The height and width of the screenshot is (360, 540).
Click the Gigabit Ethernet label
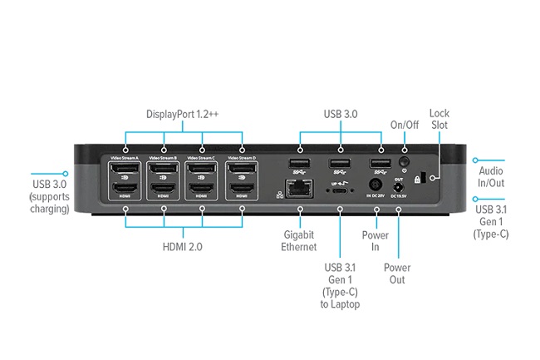(x=298, y=240)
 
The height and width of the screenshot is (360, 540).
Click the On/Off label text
(x=405, y=125)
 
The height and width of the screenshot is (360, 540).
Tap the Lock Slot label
(x=439, y=119)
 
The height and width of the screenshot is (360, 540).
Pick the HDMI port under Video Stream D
(x=242, y=198)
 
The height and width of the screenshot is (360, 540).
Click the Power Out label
(x=397, y=274)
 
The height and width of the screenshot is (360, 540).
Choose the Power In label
(x=376, y=240)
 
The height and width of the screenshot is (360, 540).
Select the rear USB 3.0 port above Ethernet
(x=298, y=164)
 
